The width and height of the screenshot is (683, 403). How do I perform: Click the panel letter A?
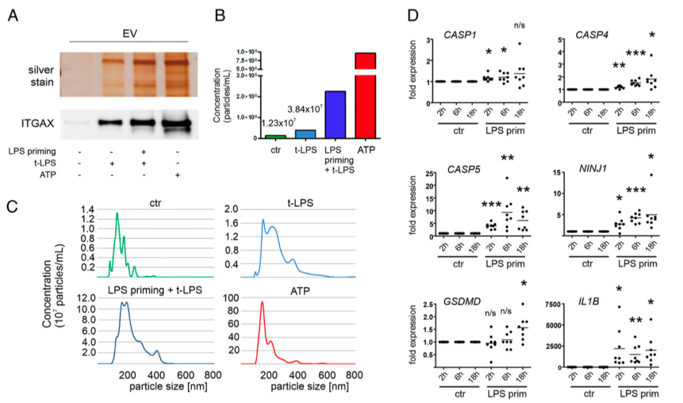[12, 14]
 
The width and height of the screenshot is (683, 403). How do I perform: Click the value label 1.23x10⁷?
[278, 123]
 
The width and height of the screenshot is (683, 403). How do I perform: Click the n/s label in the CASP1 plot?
[520, 26]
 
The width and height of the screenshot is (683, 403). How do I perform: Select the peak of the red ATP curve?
[262, 302]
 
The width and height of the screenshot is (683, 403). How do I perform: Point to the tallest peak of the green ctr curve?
[117, 213]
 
